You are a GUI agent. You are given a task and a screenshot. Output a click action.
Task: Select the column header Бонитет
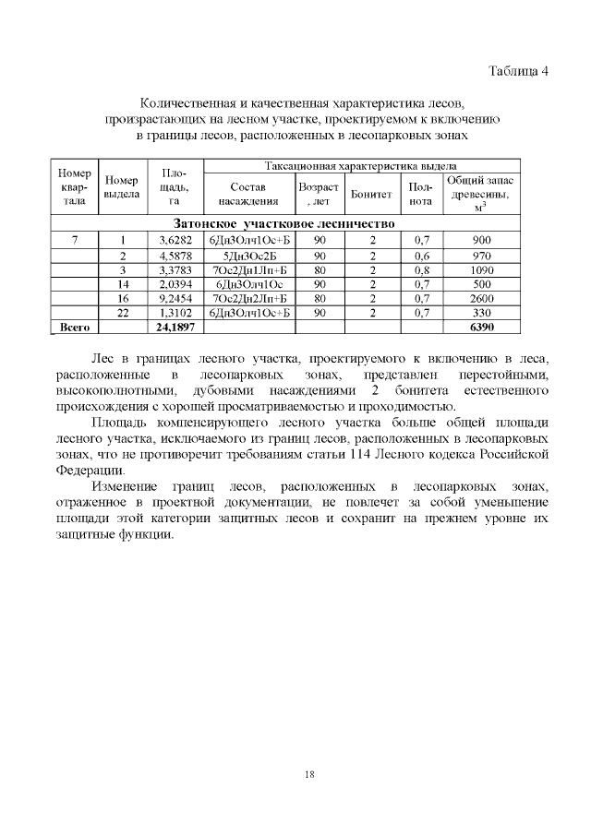click(x=372, y=196)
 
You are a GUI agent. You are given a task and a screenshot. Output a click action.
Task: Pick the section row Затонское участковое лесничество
click(x=284, y=223)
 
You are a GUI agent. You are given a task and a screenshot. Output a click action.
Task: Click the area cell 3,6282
click(x=175, y=240)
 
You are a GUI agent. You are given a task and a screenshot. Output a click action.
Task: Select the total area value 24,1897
click(x=175, y=327)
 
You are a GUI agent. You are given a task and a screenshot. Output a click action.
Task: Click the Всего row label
click(x=74, y=327)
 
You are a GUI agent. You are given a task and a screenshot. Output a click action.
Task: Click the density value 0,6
click(x=421, y=256)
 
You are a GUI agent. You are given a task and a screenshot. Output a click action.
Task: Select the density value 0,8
click(x=421, y=269)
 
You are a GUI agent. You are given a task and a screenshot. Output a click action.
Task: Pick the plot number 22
click(x=122, y=312)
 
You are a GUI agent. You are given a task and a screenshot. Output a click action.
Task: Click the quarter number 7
click(x=74, y=240)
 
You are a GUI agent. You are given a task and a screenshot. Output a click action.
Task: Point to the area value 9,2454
click(x=175, y=298)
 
